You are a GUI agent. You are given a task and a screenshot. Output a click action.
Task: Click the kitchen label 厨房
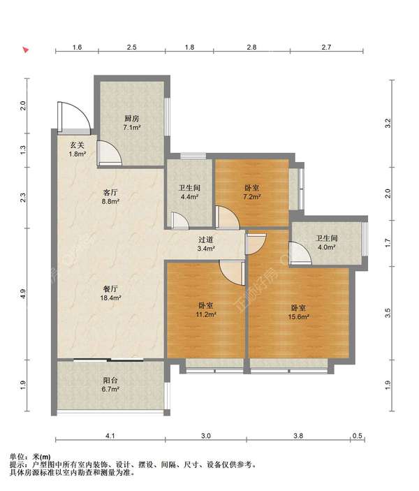131,119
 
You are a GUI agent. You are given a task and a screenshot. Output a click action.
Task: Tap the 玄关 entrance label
77,145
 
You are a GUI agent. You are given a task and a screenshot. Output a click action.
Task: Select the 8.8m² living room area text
110,201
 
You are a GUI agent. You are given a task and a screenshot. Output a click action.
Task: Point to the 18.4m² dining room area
110,298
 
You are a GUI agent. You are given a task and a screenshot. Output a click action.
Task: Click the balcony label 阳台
110,381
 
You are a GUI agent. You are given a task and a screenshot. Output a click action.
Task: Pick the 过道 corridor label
206,240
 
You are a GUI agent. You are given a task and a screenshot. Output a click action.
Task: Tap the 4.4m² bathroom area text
189,197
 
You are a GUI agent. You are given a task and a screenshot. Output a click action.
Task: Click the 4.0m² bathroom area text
327,247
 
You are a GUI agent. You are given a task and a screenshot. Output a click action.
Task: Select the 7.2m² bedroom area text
252,197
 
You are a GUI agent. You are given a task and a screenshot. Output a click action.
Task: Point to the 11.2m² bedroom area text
206,314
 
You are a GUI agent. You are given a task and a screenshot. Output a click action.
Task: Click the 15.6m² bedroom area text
299,316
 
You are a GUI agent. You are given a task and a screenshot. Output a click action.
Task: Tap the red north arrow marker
26,50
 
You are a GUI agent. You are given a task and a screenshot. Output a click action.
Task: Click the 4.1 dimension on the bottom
110,436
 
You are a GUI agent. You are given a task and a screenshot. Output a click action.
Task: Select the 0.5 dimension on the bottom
358,436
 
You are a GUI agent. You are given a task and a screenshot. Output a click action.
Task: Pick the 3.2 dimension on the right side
388,123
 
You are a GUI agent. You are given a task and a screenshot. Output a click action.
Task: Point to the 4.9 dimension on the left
22,293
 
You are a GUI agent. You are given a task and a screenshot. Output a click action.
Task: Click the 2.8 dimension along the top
251,47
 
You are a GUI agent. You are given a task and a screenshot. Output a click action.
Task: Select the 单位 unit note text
17,457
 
